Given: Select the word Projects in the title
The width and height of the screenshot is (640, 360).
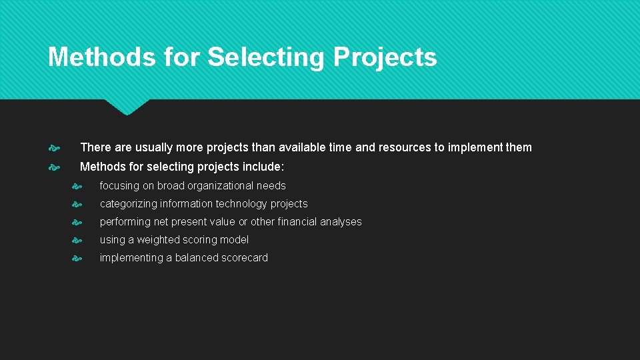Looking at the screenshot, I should click(x=385, y=58).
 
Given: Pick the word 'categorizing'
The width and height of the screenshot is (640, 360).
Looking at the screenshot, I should click(x=129, y=204).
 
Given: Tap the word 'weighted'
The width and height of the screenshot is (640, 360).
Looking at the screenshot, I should click(x=159, y=240).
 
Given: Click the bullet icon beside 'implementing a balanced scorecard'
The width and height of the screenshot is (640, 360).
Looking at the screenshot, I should click(x=77, y=258).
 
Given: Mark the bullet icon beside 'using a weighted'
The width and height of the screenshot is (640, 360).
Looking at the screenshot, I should click(x=77, y=240).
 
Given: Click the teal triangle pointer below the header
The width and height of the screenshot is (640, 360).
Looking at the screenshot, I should click(x=127, y=106).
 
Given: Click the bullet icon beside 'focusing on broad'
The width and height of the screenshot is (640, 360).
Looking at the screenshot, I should click(x=77, y=186).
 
